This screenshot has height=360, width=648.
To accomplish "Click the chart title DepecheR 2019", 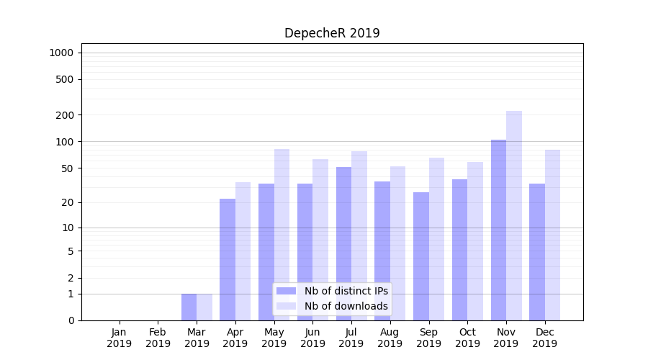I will tap(332, 33).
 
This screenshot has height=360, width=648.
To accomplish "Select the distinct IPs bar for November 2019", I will tap(498, 230).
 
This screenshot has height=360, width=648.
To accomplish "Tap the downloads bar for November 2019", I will tap(514, 216).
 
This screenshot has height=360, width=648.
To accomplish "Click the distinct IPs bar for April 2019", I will tap(228, 259).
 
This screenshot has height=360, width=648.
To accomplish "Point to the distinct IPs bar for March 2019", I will tap(189, 307).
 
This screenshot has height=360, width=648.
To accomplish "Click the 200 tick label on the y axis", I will tap(65, 115).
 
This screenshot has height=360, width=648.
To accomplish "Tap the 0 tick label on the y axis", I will tap(71, 320).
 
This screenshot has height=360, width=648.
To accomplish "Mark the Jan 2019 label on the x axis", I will tap(120, 338).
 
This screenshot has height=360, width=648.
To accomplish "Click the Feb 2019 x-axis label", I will tap(158, 338).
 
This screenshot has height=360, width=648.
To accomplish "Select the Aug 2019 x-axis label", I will tap(390, 338).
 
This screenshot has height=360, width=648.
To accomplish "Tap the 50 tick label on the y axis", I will tap(68, 168).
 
